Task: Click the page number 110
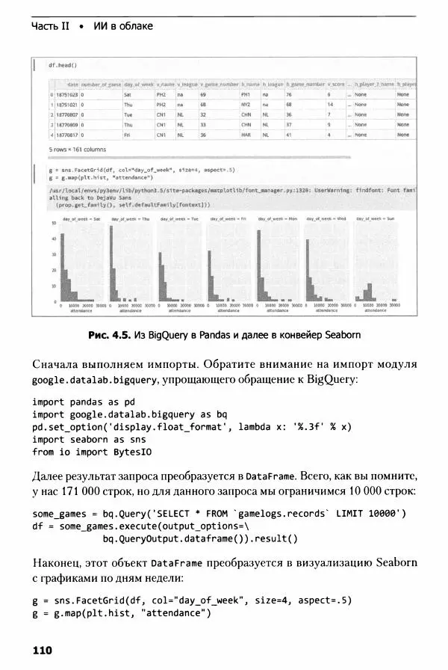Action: (x=42, y=651)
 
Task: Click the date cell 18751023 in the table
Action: (x=67, y=95)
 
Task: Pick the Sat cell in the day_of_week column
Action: (x=128, y=95)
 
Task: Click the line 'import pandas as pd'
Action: (x=79, y=402)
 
